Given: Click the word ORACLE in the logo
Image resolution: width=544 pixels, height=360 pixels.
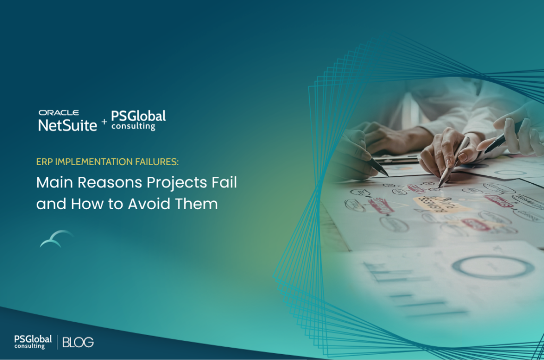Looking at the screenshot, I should pos(58,113).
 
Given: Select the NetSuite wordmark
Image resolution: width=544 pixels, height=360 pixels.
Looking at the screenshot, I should pos(67,125).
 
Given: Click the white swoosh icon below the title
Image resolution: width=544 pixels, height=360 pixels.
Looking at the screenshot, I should pos(56,238).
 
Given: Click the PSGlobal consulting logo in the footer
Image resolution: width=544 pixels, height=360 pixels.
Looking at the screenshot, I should pos(32,341).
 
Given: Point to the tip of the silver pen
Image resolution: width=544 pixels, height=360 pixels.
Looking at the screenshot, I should pos(440,185).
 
